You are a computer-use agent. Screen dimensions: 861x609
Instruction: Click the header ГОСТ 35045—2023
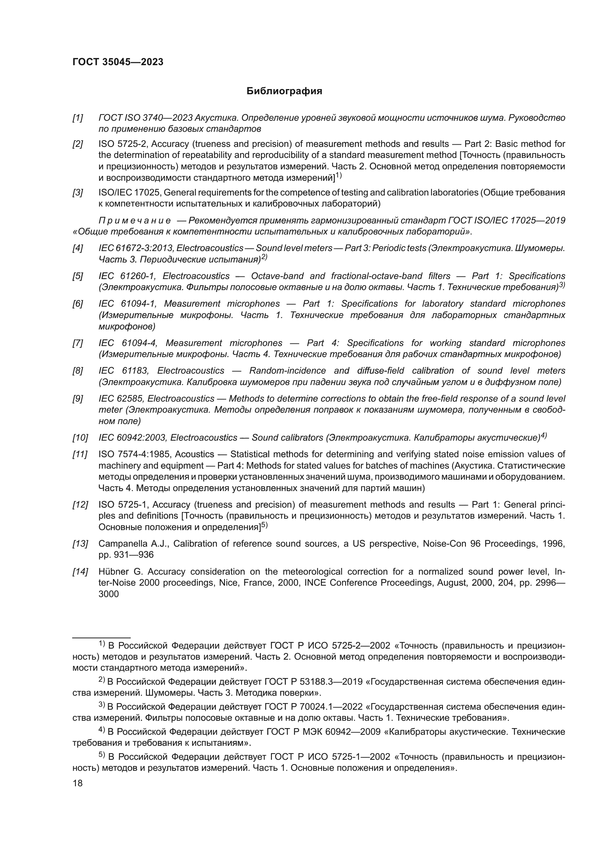click(x=118, y=62)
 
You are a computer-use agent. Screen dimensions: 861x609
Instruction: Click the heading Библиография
click(x=284, y=91)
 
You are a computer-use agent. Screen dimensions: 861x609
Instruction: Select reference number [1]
click(x=78, y=118)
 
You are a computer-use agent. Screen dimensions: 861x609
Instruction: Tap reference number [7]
click(x=78, y=343)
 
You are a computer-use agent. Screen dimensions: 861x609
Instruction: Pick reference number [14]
click(x=80, y=572)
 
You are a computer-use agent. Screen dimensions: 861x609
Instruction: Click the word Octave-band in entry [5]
click(x=277, y=276)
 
